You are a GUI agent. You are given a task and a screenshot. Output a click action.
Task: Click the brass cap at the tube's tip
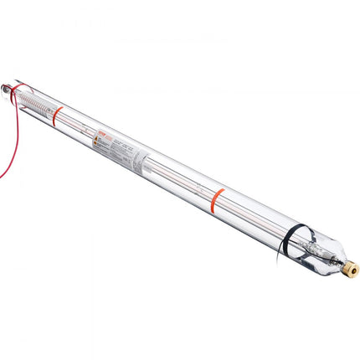click(x=351, y=269)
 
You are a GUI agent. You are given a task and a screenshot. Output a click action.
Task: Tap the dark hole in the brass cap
click(x=354, y=270)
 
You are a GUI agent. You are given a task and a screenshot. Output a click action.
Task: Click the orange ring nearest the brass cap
click(x=218, y=198)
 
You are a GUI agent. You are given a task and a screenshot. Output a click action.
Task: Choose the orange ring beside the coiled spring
click(x=57, y=116)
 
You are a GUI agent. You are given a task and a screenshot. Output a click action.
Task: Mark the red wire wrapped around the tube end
click(x=18, y=89)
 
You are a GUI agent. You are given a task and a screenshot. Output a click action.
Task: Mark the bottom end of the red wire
click(x=1, y=176)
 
